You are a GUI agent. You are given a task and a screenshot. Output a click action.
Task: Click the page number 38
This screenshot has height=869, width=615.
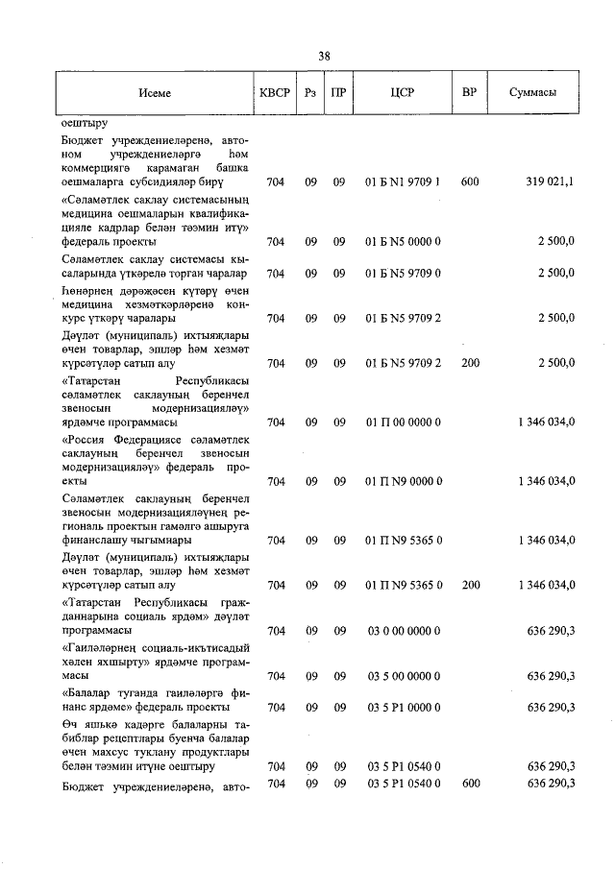325,56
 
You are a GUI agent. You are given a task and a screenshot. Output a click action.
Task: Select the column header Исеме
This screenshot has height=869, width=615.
154,94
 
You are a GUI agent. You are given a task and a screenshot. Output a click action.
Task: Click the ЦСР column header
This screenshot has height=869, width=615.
403,94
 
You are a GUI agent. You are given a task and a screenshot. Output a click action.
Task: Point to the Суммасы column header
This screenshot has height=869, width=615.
531,94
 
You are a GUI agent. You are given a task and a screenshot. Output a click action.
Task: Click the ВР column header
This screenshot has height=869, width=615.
470,94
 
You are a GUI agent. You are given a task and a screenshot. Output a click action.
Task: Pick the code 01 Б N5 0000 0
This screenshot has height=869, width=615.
403,241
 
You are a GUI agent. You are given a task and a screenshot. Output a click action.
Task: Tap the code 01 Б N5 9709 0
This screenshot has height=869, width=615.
403,273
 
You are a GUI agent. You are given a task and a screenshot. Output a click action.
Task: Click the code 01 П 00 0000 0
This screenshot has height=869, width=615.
403,422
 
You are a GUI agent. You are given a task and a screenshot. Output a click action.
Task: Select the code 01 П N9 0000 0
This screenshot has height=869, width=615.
403,481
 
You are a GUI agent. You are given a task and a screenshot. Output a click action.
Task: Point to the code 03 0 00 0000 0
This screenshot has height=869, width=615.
403,631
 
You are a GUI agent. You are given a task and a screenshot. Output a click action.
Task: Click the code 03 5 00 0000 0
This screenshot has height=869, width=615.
403,676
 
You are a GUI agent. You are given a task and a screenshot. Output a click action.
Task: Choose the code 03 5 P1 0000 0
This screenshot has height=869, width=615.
403,708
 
